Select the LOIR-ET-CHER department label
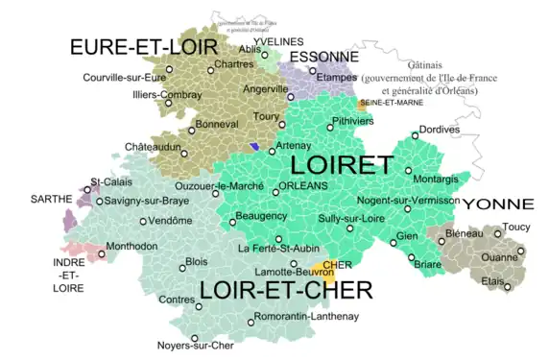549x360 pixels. [285, 289]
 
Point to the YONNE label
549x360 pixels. [497, 204]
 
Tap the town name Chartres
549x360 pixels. [233, 64]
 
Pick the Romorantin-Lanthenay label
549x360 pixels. [308, 316]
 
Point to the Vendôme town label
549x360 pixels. [173, 221]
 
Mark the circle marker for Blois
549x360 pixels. [179, 260]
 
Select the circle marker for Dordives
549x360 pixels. [415, 135]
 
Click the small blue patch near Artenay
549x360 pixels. [253, 146]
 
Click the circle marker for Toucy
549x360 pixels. [497, 233]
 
